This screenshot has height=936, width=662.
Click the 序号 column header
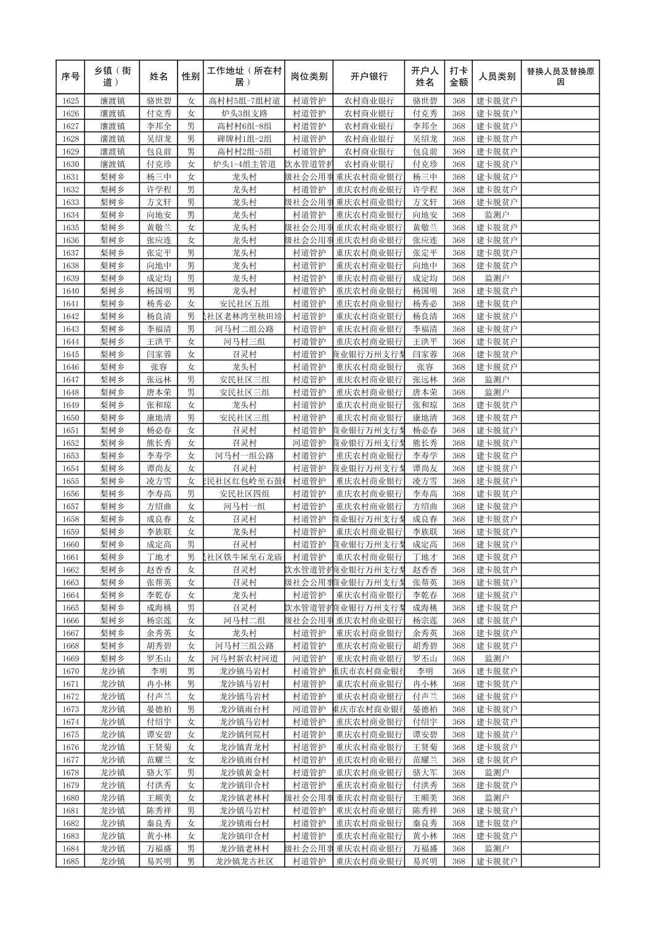(x=70, y=77)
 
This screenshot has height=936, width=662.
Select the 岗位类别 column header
(x=309, y=77)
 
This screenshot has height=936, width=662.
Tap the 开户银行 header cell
(x=369, y=77)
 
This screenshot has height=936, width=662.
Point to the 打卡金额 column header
(x=458, y=77)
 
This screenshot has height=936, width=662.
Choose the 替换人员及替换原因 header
(x=560, y=77)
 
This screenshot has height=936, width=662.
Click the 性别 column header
(x=190, y=77)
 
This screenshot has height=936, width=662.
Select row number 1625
(x=70, y=101)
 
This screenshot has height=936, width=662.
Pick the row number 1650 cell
(x=70, y=418)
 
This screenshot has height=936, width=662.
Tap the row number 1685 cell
(x=70, y=861)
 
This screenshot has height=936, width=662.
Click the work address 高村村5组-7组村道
(x=244, y=101)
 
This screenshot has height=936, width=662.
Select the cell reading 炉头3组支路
(x=244, y=113)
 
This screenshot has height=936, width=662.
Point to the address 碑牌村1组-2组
(x=244, y=139)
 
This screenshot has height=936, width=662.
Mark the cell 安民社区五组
(x=244, y=304)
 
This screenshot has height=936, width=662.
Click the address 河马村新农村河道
(x=244, y=658)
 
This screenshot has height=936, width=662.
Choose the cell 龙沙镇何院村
(x=244, y=735)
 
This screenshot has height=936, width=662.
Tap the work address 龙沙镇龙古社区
(x=244, y=861)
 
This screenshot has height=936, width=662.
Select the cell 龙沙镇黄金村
(x=244, y=773)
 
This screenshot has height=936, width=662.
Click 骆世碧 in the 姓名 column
(x=158, y=101)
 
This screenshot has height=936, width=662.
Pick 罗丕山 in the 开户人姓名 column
(x=425, y=658)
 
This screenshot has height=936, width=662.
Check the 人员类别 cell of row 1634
(x=496, y=215)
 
